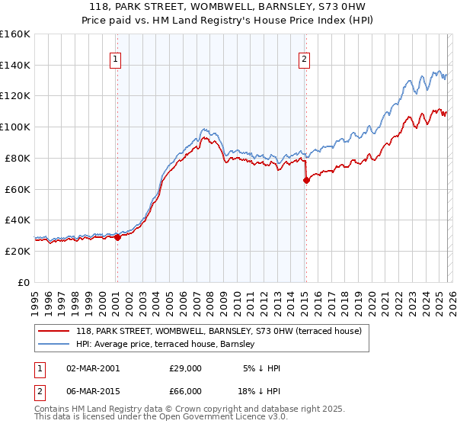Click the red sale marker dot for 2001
[x=117, y=237]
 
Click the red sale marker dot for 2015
[x=306, y=180]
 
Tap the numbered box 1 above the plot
[x=115, y=59]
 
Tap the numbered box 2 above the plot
[x=304, y=59]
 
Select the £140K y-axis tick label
[x=15, y=65]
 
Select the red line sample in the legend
[x=54, y=331]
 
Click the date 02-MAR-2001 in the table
[x=93, y=368]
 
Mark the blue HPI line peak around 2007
[x=203, y=130]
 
